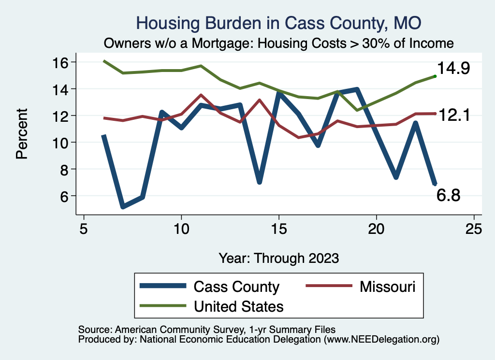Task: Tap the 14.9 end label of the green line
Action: tap(453, 69)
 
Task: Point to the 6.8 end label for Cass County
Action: tap(448, 196)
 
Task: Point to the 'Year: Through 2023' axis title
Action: tap(278, 258)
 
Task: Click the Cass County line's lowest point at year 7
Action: tap(123, 207)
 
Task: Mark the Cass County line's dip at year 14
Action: tap(259, 182)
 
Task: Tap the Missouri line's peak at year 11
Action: tap(201, 95)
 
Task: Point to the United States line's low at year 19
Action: tap(357, 110)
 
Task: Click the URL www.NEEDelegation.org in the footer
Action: tap(381, 339)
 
